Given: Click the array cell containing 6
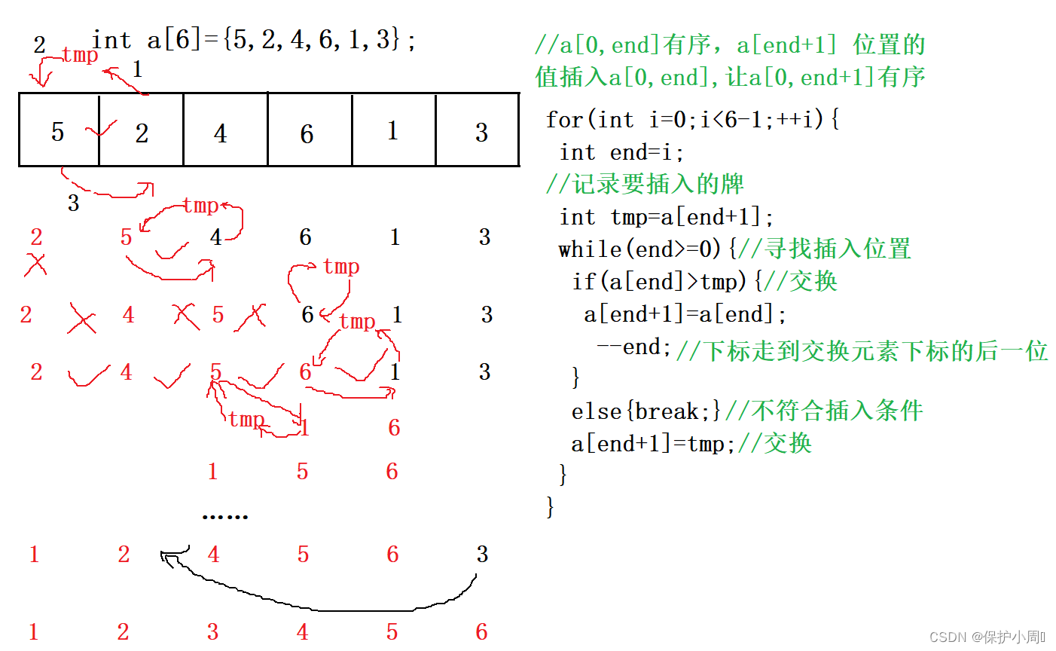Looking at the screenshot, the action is coord(309,130).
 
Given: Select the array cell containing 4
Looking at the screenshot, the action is coord(224,130).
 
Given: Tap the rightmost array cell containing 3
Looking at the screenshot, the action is coord(478,130).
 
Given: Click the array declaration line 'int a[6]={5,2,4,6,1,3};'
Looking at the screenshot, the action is coord(254,40).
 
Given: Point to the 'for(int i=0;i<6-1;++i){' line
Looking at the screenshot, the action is coord(692,119).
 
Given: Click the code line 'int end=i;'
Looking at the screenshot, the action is coord(621,152).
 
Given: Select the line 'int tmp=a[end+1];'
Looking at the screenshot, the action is coord(667,217).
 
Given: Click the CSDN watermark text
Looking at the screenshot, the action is coord(987,637).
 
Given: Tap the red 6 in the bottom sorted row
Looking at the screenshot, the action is coord(481,631).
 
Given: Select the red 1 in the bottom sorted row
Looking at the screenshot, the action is coord(33,631).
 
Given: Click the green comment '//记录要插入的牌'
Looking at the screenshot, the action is coord(645,184).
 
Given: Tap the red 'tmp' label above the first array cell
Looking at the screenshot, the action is coord(80,55).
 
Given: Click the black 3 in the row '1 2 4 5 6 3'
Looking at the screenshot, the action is coord(482,555).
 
